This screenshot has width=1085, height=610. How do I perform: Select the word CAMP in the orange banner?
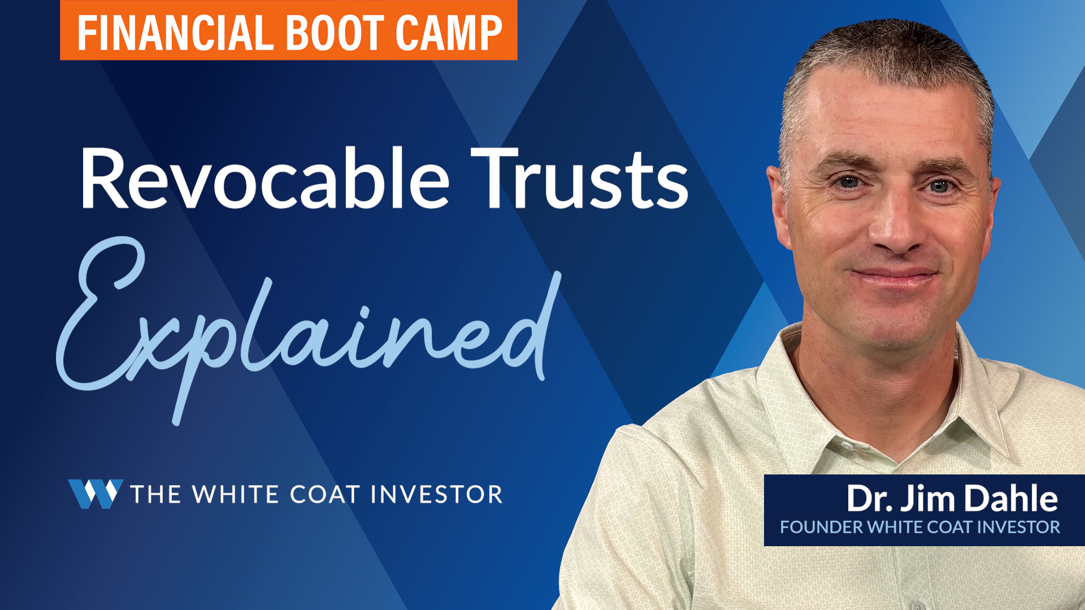pyautogui.click(x=449, y=33)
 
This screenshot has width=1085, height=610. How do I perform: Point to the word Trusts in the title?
pyautogui.click(x=580, y=178)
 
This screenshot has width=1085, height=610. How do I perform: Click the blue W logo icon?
pyautogui.click(x=96, y=494)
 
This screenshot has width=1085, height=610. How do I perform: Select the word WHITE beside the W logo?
pyautogui.click(x=236, y=494)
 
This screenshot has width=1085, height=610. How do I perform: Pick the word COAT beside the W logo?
pyautogui.click(x=325, y=494)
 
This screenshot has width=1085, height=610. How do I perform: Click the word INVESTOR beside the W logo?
pyautogui.click(x=437, y=494)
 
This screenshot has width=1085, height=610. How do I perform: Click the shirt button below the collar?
pyautogui.click(x=846, y=446)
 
